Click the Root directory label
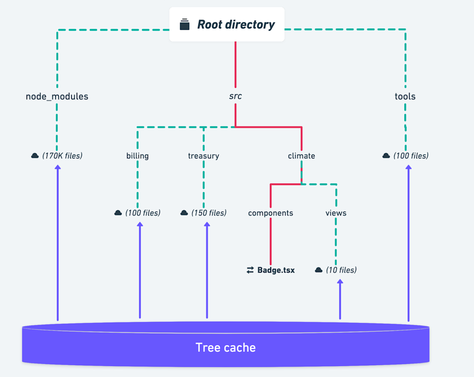click(236, 25)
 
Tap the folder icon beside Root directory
click(185, 25)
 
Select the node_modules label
click(57, 97)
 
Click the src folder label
click(236, 96)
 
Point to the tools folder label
click(405, 97)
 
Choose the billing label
click(138, 156)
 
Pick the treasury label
click(203, 156)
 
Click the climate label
click(301, 156)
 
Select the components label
click(270, 213)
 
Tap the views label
click(336, 213)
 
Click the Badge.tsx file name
click(276, 270)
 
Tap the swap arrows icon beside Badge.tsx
click(250, 270)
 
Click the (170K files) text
click(62, 155)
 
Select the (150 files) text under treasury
click(209, 213)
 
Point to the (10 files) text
click(341, 270)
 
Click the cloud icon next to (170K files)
click(35, 156)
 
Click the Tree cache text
click(226, 348)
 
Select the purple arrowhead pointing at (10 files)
click(340, 282)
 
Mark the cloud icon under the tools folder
click(386, 156)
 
